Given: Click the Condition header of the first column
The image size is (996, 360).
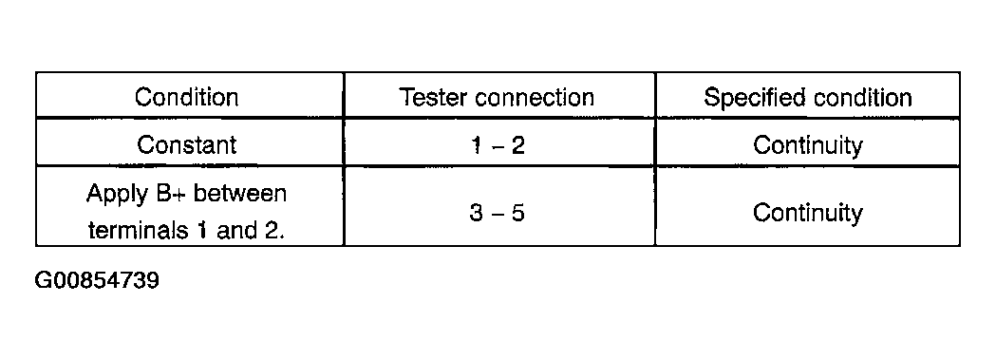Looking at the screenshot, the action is [186, 97].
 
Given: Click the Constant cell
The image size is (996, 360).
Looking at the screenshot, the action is [186, 144].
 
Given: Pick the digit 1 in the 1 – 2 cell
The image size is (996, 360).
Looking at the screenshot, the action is [477, 145].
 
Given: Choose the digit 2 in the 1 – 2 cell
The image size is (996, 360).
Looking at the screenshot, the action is [517, 145].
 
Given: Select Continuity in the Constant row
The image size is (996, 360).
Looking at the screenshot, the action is [807, 145].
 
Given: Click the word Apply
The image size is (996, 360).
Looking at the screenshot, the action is [116, 194].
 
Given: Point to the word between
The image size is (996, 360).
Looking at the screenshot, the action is [239, 193].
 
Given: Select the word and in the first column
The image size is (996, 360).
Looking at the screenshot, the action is [238, 229].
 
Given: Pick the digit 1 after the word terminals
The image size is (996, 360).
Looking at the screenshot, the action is [202, 230].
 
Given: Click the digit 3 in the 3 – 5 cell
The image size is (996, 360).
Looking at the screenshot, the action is [477, 213].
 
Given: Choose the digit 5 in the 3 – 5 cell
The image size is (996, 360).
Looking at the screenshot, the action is [517, 213].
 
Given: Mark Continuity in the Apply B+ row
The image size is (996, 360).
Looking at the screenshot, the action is [807, 213].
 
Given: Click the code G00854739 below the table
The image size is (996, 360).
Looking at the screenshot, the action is [97, 280].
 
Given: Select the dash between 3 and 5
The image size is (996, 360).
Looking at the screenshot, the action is [497, 214].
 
